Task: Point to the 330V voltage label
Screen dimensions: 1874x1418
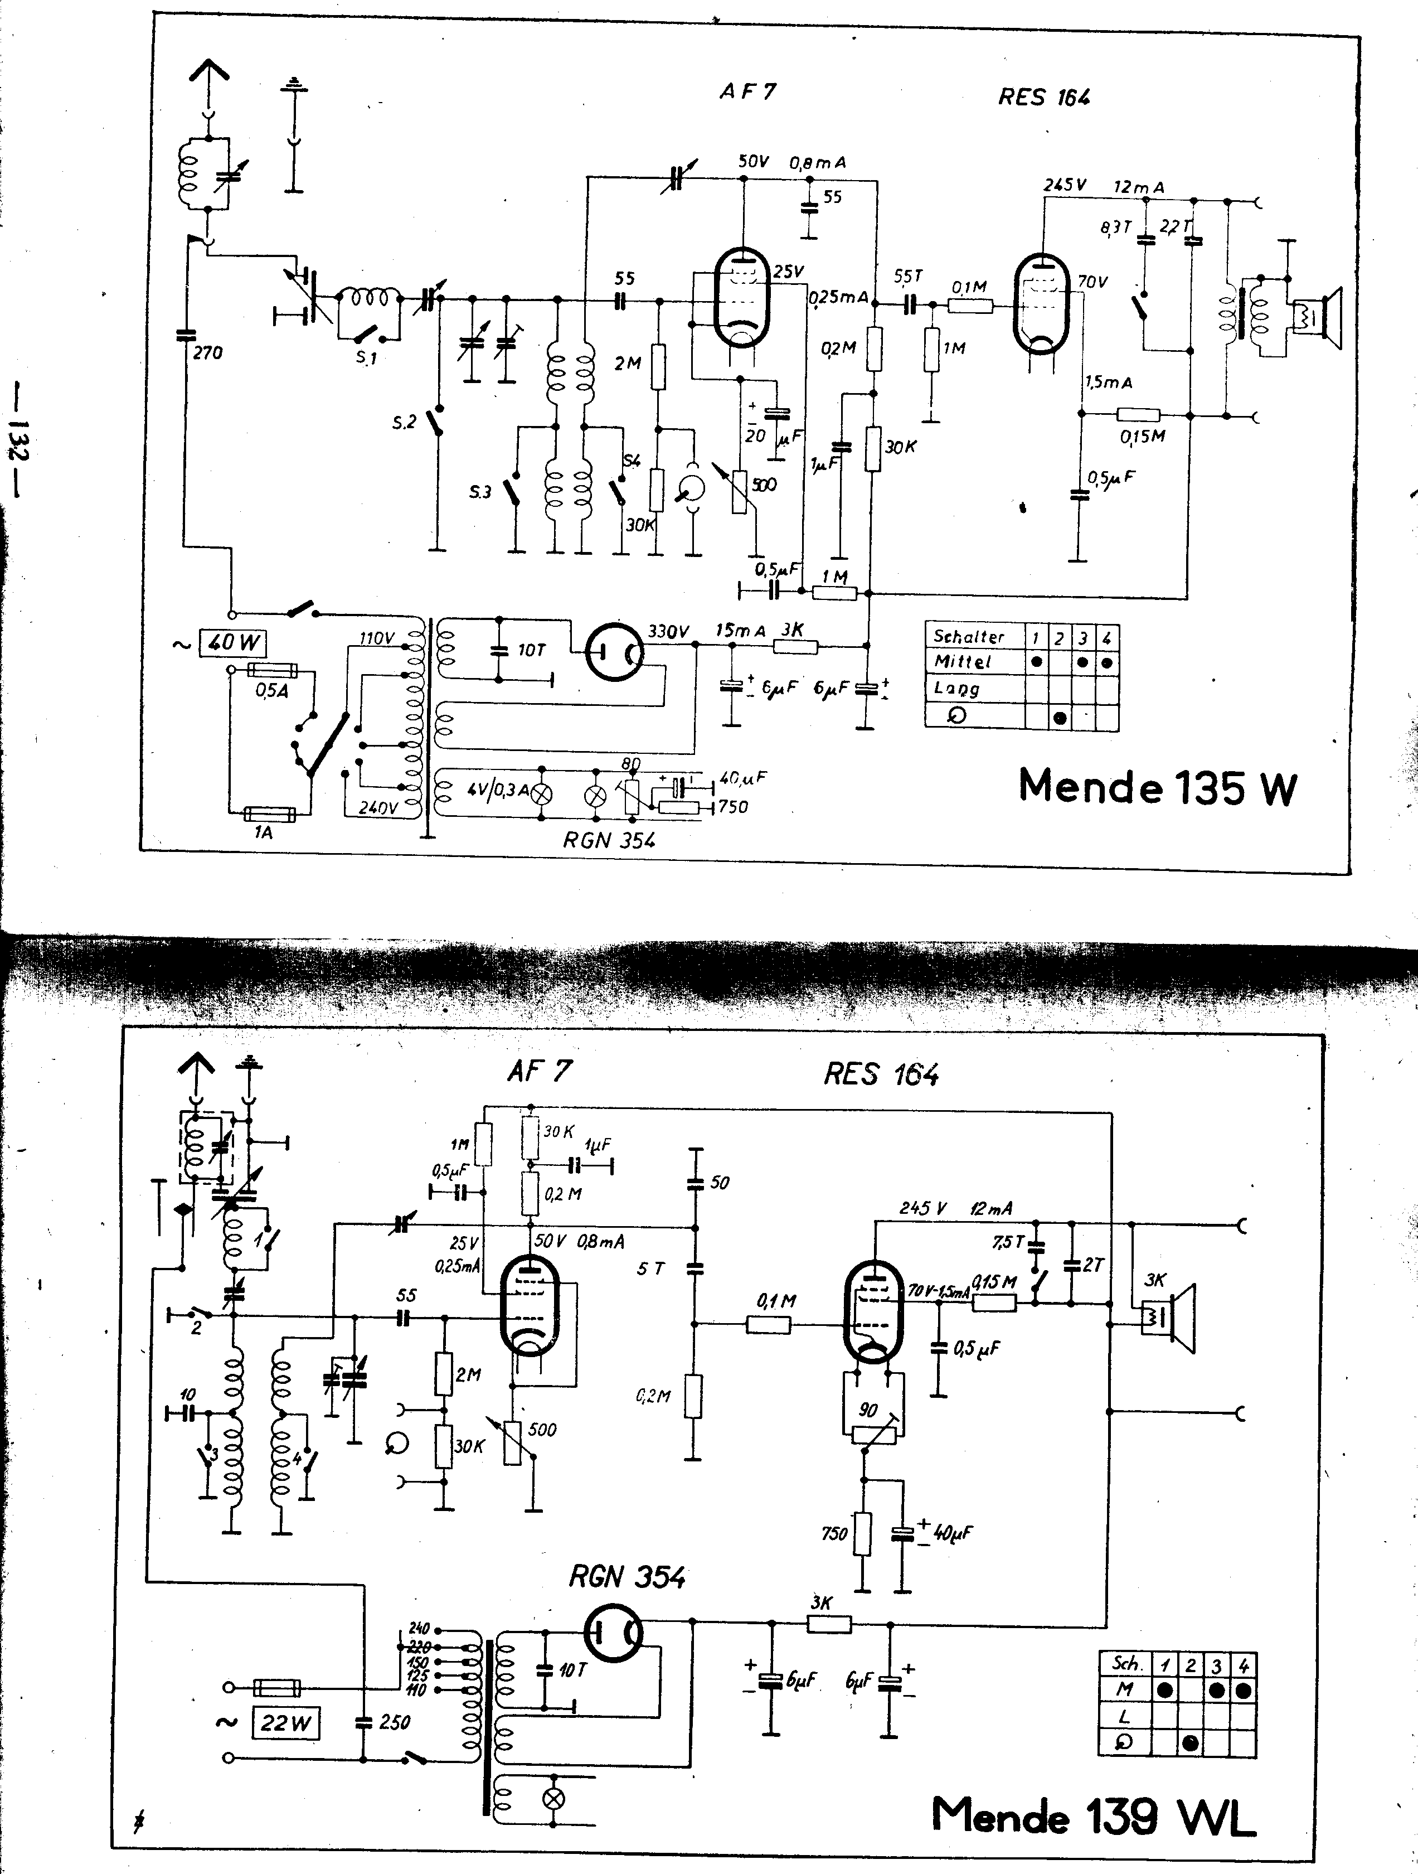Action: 668,631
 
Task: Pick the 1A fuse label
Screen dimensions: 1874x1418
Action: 264,833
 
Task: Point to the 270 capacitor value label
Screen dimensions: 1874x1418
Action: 207,352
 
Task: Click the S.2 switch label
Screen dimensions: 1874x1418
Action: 404,422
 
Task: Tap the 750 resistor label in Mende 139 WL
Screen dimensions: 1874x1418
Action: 834,1533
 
